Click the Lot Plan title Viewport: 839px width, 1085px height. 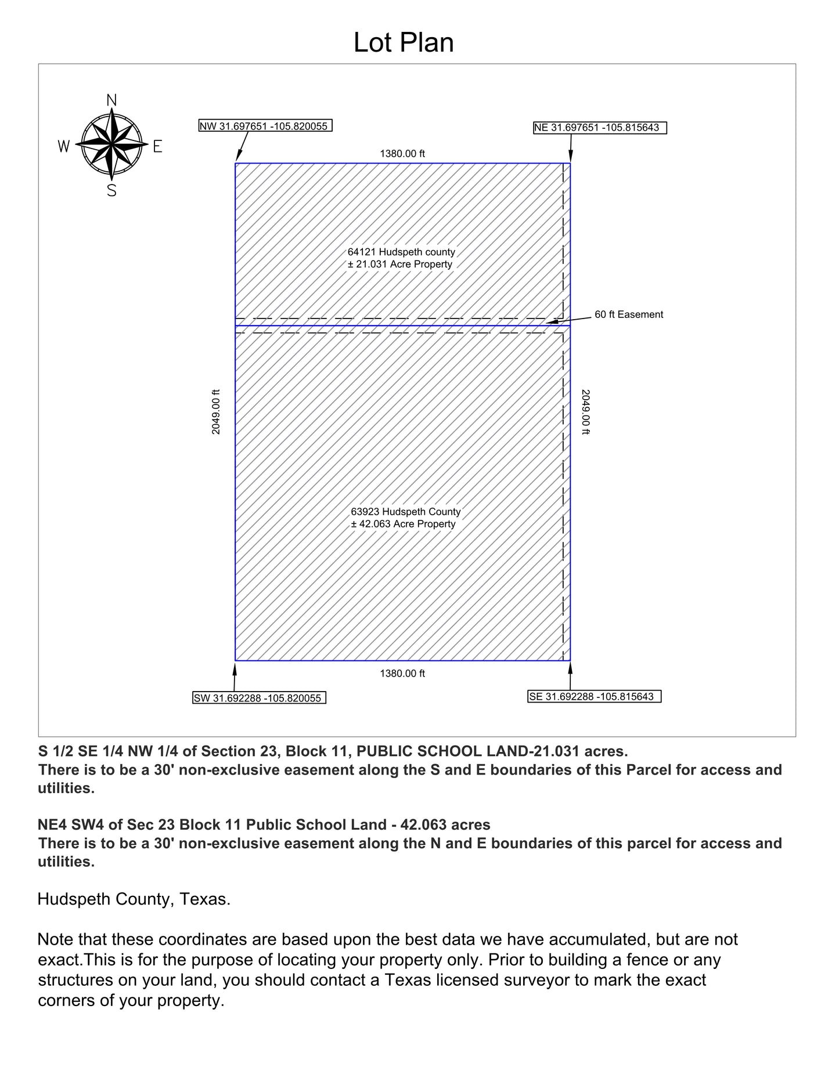[404, 43]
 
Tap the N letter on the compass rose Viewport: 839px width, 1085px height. [112, 100]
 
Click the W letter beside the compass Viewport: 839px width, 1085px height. [64, 146]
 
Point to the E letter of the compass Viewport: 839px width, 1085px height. [157, 147]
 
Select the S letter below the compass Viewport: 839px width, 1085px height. [112, 190]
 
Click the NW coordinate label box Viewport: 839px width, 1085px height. [265, 126]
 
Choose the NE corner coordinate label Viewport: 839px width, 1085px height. [600, 128]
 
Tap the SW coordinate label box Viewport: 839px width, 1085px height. [259, 698]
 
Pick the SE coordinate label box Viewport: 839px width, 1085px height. [594, 696]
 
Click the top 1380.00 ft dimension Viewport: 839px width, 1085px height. [402, 154]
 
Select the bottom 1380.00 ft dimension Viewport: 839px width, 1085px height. [402, 674]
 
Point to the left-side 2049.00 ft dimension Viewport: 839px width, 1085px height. [216, 412]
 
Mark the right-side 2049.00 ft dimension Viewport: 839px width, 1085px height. [585, 412]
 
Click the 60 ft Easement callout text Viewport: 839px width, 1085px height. [629, 314]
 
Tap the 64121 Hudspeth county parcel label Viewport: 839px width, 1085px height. [401, 252]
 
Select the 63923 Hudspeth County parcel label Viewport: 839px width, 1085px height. [405, 512]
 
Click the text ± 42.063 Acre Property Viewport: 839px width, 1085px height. [403, 524]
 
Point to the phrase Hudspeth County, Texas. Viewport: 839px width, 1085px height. [134, 899]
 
